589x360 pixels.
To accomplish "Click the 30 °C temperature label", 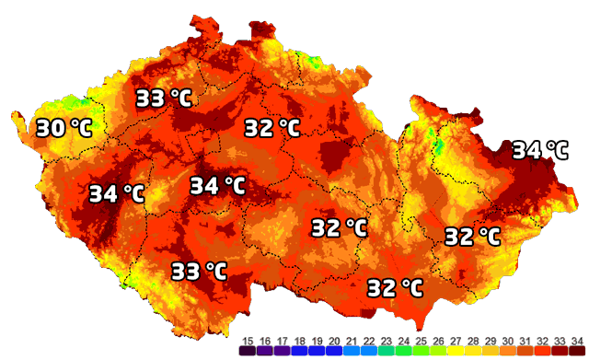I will [x=64, y=128].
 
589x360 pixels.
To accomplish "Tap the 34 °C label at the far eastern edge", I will [x=539, y=149].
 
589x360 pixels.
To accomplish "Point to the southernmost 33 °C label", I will [x=199, y=271].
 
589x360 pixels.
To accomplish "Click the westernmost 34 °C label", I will [x=117, y=194].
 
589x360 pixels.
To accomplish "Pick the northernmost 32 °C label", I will [x=272, y=128].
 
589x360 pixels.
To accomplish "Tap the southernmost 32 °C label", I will [x=395, y=288].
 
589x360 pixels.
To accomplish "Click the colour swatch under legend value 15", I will [x=247, y=351].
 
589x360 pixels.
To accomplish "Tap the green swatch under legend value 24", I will [x=402, y=351].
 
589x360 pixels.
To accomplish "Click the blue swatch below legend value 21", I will [x=351, y=351].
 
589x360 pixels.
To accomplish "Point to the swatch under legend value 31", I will [x=524, y=351].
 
